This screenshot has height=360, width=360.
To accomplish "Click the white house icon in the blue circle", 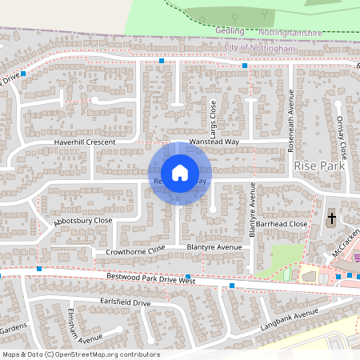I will (180, 173).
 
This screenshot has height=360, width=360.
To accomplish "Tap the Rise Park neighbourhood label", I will (318, 165).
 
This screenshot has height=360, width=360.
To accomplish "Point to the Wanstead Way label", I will (214, 142).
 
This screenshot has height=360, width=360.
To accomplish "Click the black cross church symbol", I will (332, 218).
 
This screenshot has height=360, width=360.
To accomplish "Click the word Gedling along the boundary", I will (230, 30).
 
